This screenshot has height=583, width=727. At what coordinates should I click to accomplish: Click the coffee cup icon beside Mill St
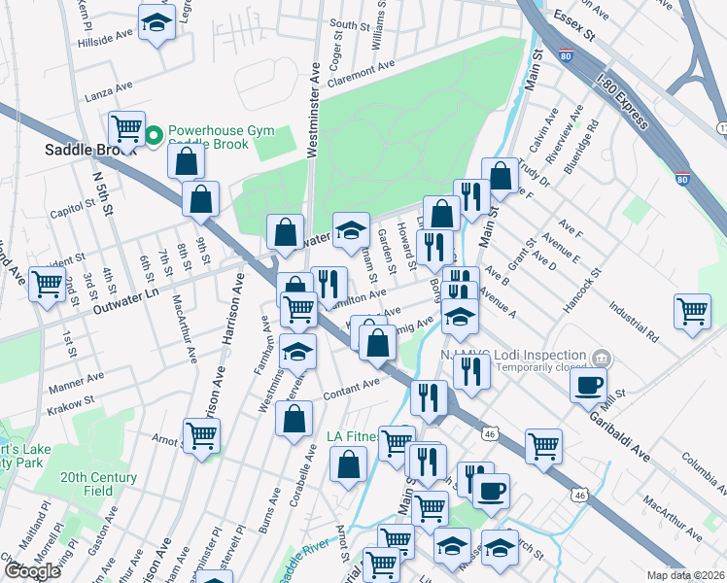point(588,385)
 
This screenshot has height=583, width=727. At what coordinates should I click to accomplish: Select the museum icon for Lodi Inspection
point(603,358)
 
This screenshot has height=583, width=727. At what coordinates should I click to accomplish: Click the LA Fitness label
point(352,436)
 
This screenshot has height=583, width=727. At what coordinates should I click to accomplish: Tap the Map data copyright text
point(686,575)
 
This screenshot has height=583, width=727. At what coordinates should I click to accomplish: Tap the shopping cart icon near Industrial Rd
point(692,312)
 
